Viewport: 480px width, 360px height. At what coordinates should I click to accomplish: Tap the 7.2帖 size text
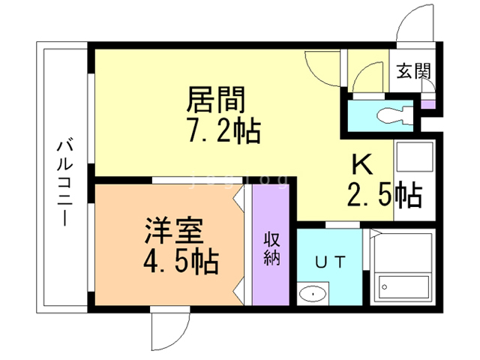[223, 132]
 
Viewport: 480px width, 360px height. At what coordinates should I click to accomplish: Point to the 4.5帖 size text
[181, 262]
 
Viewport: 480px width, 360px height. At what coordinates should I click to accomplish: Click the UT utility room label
[330, 262]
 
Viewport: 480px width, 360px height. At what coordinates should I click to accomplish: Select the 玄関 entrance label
[414, 73]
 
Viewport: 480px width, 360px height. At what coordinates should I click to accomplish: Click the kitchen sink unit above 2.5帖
[414, 164]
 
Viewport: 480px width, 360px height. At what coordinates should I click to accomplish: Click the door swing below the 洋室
[166, 328]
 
